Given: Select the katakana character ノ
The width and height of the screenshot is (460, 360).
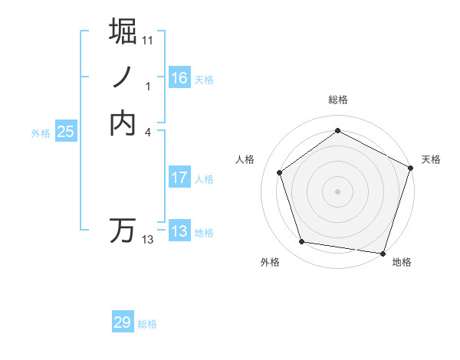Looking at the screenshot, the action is click(124, 77).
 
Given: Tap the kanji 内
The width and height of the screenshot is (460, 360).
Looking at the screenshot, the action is click(124, 123).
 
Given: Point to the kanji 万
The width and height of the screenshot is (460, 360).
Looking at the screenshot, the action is click(124, 231).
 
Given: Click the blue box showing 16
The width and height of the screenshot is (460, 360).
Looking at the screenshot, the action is click(179, 78).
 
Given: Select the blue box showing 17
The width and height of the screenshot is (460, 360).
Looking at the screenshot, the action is click(179, 178).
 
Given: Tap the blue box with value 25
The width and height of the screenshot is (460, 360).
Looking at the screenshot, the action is click(66, 132).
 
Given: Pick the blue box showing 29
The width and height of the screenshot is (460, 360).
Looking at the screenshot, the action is click(123, 322).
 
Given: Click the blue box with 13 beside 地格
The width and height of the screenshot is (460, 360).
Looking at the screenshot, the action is click(179, 231).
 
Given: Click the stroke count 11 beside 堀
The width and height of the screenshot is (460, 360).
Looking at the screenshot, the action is click(148, 40).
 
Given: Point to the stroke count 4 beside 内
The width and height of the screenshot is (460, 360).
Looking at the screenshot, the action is click(148, 132).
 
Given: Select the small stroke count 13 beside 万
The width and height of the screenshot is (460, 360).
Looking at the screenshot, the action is click(148, 240).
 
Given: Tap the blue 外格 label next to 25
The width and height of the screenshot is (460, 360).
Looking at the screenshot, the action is click(41, 133).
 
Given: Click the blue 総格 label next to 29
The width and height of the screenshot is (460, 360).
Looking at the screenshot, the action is click(147, 324).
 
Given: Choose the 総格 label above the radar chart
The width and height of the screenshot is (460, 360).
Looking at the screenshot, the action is click(337, 100).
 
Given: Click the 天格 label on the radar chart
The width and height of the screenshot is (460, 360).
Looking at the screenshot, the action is click(431, 159).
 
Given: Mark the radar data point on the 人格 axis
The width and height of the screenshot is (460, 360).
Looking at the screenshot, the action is click(280, 172).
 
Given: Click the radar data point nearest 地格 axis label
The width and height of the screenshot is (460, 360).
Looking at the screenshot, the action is click(383, 253).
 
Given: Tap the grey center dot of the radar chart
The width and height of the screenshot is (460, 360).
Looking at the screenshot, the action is click(337, 191).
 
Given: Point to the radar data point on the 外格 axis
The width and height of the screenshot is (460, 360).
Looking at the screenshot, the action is click(302, 242).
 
